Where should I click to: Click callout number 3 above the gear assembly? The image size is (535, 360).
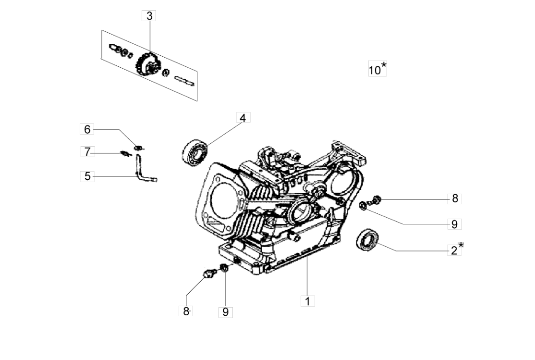pyautogui.click(x=149, y=16)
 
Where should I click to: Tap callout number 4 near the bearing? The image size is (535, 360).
pyautogui.click(x=243, y=118)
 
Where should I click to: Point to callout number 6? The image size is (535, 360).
pyautogui.click(x=87, y=129)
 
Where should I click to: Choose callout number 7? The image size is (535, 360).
pyautogui.click(x=87, y=152)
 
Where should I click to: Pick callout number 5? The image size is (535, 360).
pyautogui.click(x=87, y=176)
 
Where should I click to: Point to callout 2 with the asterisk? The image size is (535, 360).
pyautogui.click(x=454, y=250)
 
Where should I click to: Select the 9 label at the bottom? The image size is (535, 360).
pyautogui.click(x=225, y=311)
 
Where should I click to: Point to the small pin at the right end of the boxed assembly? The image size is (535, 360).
pyautogui.click(x=184, y=81)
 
